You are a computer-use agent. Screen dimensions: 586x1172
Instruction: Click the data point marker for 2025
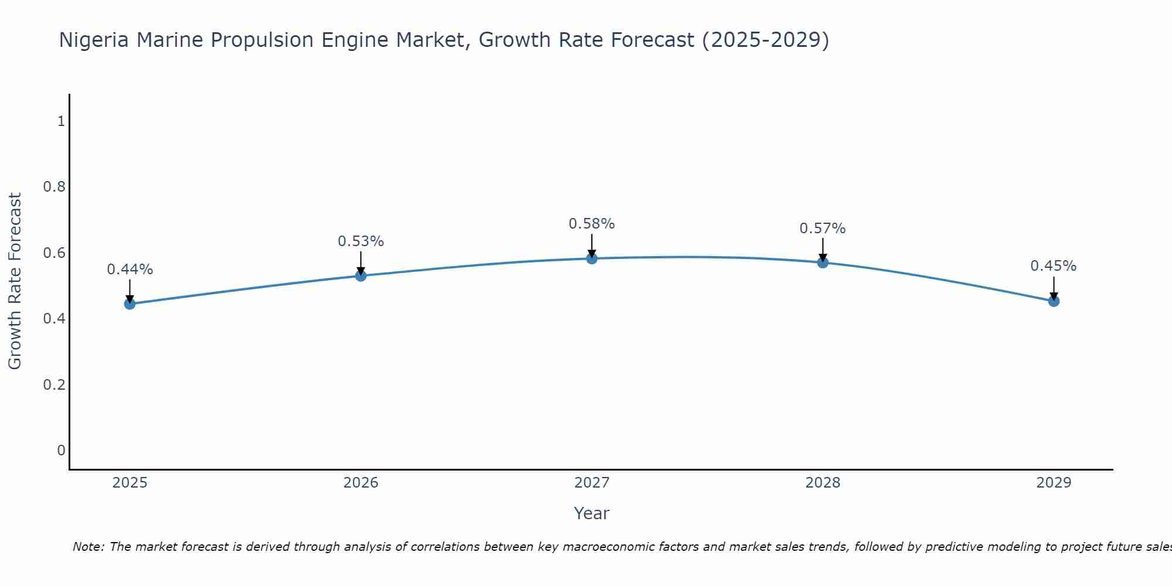[x=130, y=304]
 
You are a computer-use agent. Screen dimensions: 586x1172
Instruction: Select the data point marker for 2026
[x=361, y=275]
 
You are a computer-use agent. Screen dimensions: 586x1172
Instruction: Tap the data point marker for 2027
[x=592, y=258]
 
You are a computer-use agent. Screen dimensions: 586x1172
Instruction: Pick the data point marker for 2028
[x=823, y=263]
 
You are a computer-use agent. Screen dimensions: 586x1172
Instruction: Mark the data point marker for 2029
[x=1054, y=301]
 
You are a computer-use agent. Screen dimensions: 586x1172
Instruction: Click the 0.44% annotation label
[x=130, y=270]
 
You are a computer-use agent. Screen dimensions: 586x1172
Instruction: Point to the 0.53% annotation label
[x=361, y=241]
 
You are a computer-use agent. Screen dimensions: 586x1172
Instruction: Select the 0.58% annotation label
[x=592, y=224]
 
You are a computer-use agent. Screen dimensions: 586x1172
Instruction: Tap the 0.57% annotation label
[x=823, y=229]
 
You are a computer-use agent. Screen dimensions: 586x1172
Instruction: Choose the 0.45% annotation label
[x=1054, y=266]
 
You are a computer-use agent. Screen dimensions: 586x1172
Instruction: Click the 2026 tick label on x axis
[x=361, y=483]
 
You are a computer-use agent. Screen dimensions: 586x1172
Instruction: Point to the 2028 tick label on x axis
[x=823, y=483]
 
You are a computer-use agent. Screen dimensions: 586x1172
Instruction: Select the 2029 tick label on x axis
[x=1054, y=483]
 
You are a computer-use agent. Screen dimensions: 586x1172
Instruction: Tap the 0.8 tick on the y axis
[x=54, y=187]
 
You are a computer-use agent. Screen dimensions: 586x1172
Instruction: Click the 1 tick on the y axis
[x=61, y=121]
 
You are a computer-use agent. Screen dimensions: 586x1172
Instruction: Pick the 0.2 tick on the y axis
[x=54, y=384]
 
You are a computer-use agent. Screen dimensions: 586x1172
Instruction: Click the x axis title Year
[x=592, y=513]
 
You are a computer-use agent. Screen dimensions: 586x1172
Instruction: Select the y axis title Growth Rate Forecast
[x=15, y=281]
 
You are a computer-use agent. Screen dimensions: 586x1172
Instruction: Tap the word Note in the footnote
[x=88, y=547]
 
